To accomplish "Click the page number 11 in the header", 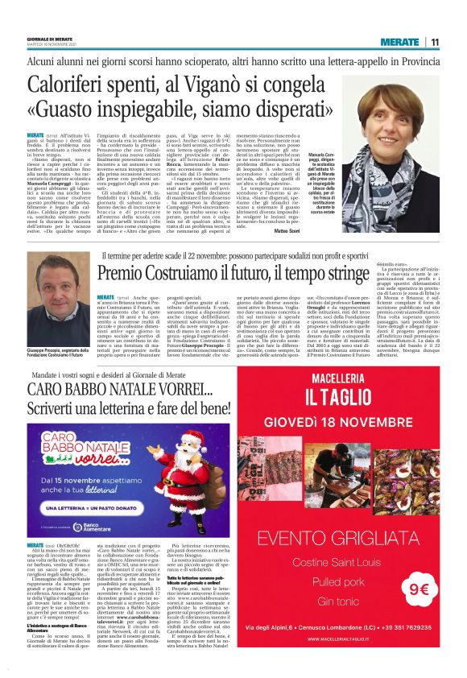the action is tap(435, 42).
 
